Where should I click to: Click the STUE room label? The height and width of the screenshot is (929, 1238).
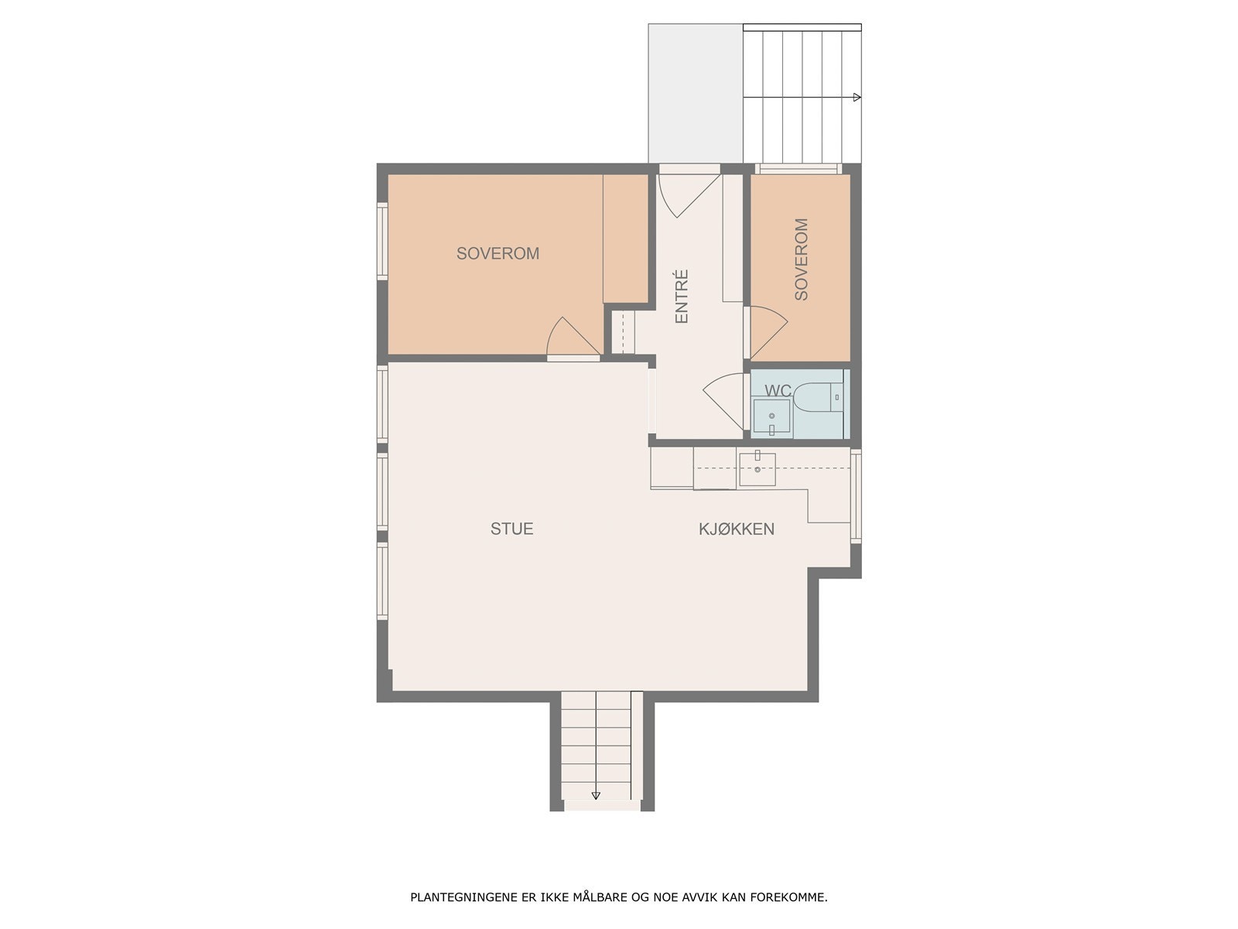(x=511, y=529)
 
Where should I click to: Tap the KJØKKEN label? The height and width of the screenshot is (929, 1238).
(x=736, y=529)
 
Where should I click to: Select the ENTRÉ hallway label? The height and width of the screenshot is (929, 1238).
(x=682, y=297)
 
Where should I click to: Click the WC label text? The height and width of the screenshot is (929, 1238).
(x=778, y=391)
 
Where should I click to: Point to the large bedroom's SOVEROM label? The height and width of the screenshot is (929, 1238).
(x=498, y=253)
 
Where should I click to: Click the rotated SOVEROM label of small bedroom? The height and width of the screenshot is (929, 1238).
(x=801, y=259)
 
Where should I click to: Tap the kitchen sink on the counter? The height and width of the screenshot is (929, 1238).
(x=757, y=468)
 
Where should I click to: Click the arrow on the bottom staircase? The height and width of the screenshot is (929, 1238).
(x=596, y=795)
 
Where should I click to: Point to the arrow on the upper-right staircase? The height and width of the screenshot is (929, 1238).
(x=857, y=98)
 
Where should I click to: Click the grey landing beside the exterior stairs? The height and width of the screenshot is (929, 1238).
(x=695, y=93)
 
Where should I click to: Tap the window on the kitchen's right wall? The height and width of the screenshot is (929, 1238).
(x=856, y=495)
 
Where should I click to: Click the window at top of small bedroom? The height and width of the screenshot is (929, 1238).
(x=798, y=168)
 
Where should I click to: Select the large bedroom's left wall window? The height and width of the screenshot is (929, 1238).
(x=381, y=240)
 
